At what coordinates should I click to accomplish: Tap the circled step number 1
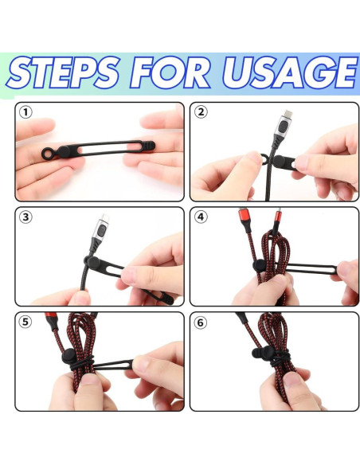tap(26, 112)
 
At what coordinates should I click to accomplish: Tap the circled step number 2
tap(201, 112)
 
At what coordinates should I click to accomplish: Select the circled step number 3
tap(26, 217)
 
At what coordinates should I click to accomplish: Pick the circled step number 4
tap(201, 217)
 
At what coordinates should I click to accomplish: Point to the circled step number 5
tap(26, 322)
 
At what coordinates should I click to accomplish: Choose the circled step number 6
tap(201, 322)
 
